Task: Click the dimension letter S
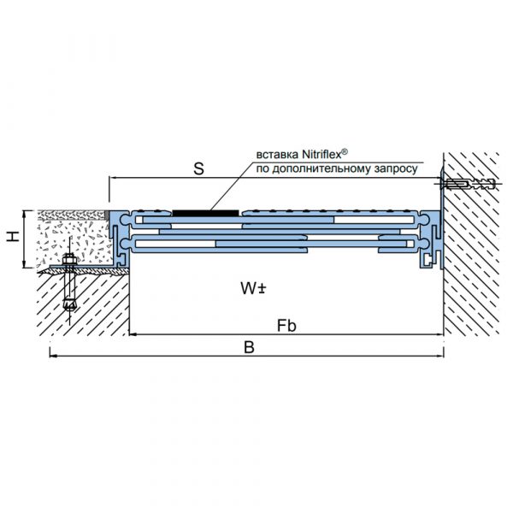tap(198, 168)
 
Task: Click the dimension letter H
tap(14, 236)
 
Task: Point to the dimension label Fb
tap(286, 326)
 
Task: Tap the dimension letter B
tap(250, 347)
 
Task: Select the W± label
tap(254, 288)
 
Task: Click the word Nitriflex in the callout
tap(322, 154)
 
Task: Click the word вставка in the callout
tap(277, 155)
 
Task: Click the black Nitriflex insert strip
tap(205, 213)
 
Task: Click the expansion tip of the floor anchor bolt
tap(69, 304)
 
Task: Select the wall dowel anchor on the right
tap(468, 184)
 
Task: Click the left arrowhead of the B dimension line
tap(51, 356)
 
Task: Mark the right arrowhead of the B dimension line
tap(441, 356)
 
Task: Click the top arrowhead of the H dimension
tap(24, 213)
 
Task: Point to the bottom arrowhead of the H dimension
tap(24, 266)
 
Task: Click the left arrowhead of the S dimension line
tap(111, 178)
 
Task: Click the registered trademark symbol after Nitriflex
tap(345, 151)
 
